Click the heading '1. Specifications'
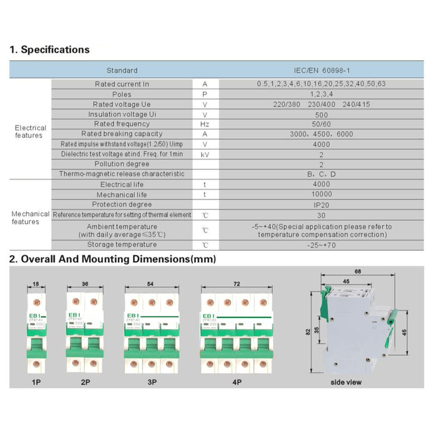pos(49,50)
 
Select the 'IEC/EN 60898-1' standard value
pos(321,70)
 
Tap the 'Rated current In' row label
pos(122,84)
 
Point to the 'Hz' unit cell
pos(205,124)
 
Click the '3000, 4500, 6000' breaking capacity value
pos(321,134)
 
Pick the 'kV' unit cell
pos(205,154)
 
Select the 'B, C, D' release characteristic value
pos(321,174)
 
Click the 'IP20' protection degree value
pos(321,205)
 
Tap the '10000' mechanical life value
pos(321,195)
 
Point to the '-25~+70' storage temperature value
pos(321,245)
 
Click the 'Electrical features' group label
pos(30,132)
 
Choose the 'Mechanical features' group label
pos(30,218)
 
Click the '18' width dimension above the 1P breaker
pos(36,284)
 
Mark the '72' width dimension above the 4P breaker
pos(236,284)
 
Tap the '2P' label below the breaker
pos(86,382)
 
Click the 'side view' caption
pos(346,382)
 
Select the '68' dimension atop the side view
pos(358,271)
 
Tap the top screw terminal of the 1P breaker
pos(36,303)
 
